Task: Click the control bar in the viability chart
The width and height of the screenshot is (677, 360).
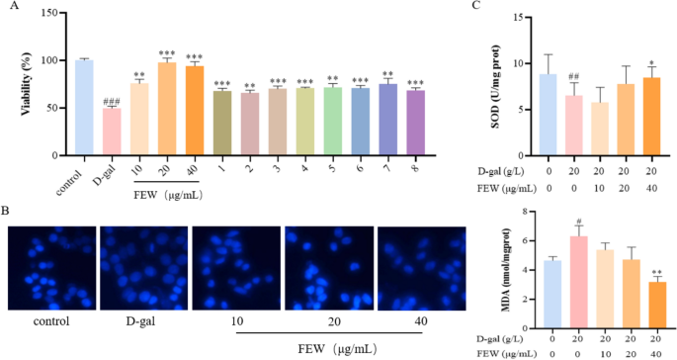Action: [84, 109]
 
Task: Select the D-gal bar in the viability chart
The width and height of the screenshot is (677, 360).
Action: [112, 132]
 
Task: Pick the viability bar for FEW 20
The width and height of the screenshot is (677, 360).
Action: [167, 110]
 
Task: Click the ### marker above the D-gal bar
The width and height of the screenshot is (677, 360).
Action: [112, 101]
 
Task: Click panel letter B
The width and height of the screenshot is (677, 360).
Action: [8, 211]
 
